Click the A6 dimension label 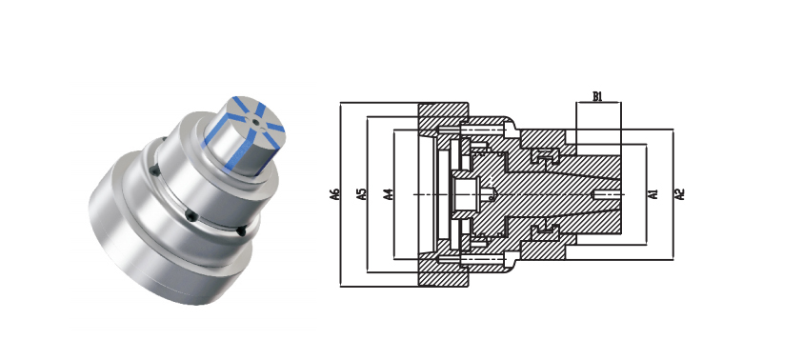[335, 194]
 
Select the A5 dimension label [362, 194]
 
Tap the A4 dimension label [389, 194]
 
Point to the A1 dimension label [652, 194]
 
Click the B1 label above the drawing [597, 96]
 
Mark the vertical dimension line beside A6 [341, 194]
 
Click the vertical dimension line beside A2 [673, 194]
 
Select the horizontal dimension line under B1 [598, 103]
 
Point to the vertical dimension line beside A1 [646, 194]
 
